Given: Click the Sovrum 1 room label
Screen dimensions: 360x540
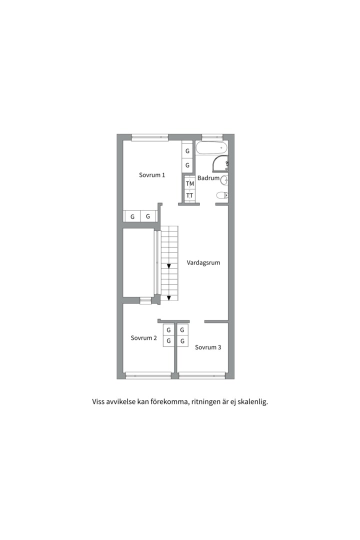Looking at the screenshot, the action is point(152,175).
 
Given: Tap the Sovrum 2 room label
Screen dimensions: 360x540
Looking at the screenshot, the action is point(143,338).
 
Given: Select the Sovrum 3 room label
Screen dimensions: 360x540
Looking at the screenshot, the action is point(208,347).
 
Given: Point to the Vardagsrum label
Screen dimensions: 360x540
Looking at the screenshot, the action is point(203,263).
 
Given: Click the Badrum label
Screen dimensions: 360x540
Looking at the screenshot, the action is point(208,178).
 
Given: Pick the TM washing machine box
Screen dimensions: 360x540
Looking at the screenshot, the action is point(190,183).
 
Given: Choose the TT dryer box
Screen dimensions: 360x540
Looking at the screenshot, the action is point(190,195).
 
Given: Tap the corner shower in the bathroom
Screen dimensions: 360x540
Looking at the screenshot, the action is point(220,163).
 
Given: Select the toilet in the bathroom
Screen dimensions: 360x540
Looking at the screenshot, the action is point(222,195).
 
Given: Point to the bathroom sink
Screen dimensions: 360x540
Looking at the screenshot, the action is point(224,179).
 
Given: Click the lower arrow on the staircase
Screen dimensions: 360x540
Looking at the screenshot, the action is point(169,298).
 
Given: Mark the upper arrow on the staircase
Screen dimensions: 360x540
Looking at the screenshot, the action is point(169,266).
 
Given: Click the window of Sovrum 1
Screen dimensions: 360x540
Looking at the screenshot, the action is point(150,137).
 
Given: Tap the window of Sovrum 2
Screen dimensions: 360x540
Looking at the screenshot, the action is point(148,375).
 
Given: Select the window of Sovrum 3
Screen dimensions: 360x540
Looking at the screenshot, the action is point(202,375).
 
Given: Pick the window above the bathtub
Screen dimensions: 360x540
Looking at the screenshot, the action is point(212,137).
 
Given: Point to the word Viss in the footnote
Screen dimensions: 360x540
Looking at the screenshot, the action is point(98,401).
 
